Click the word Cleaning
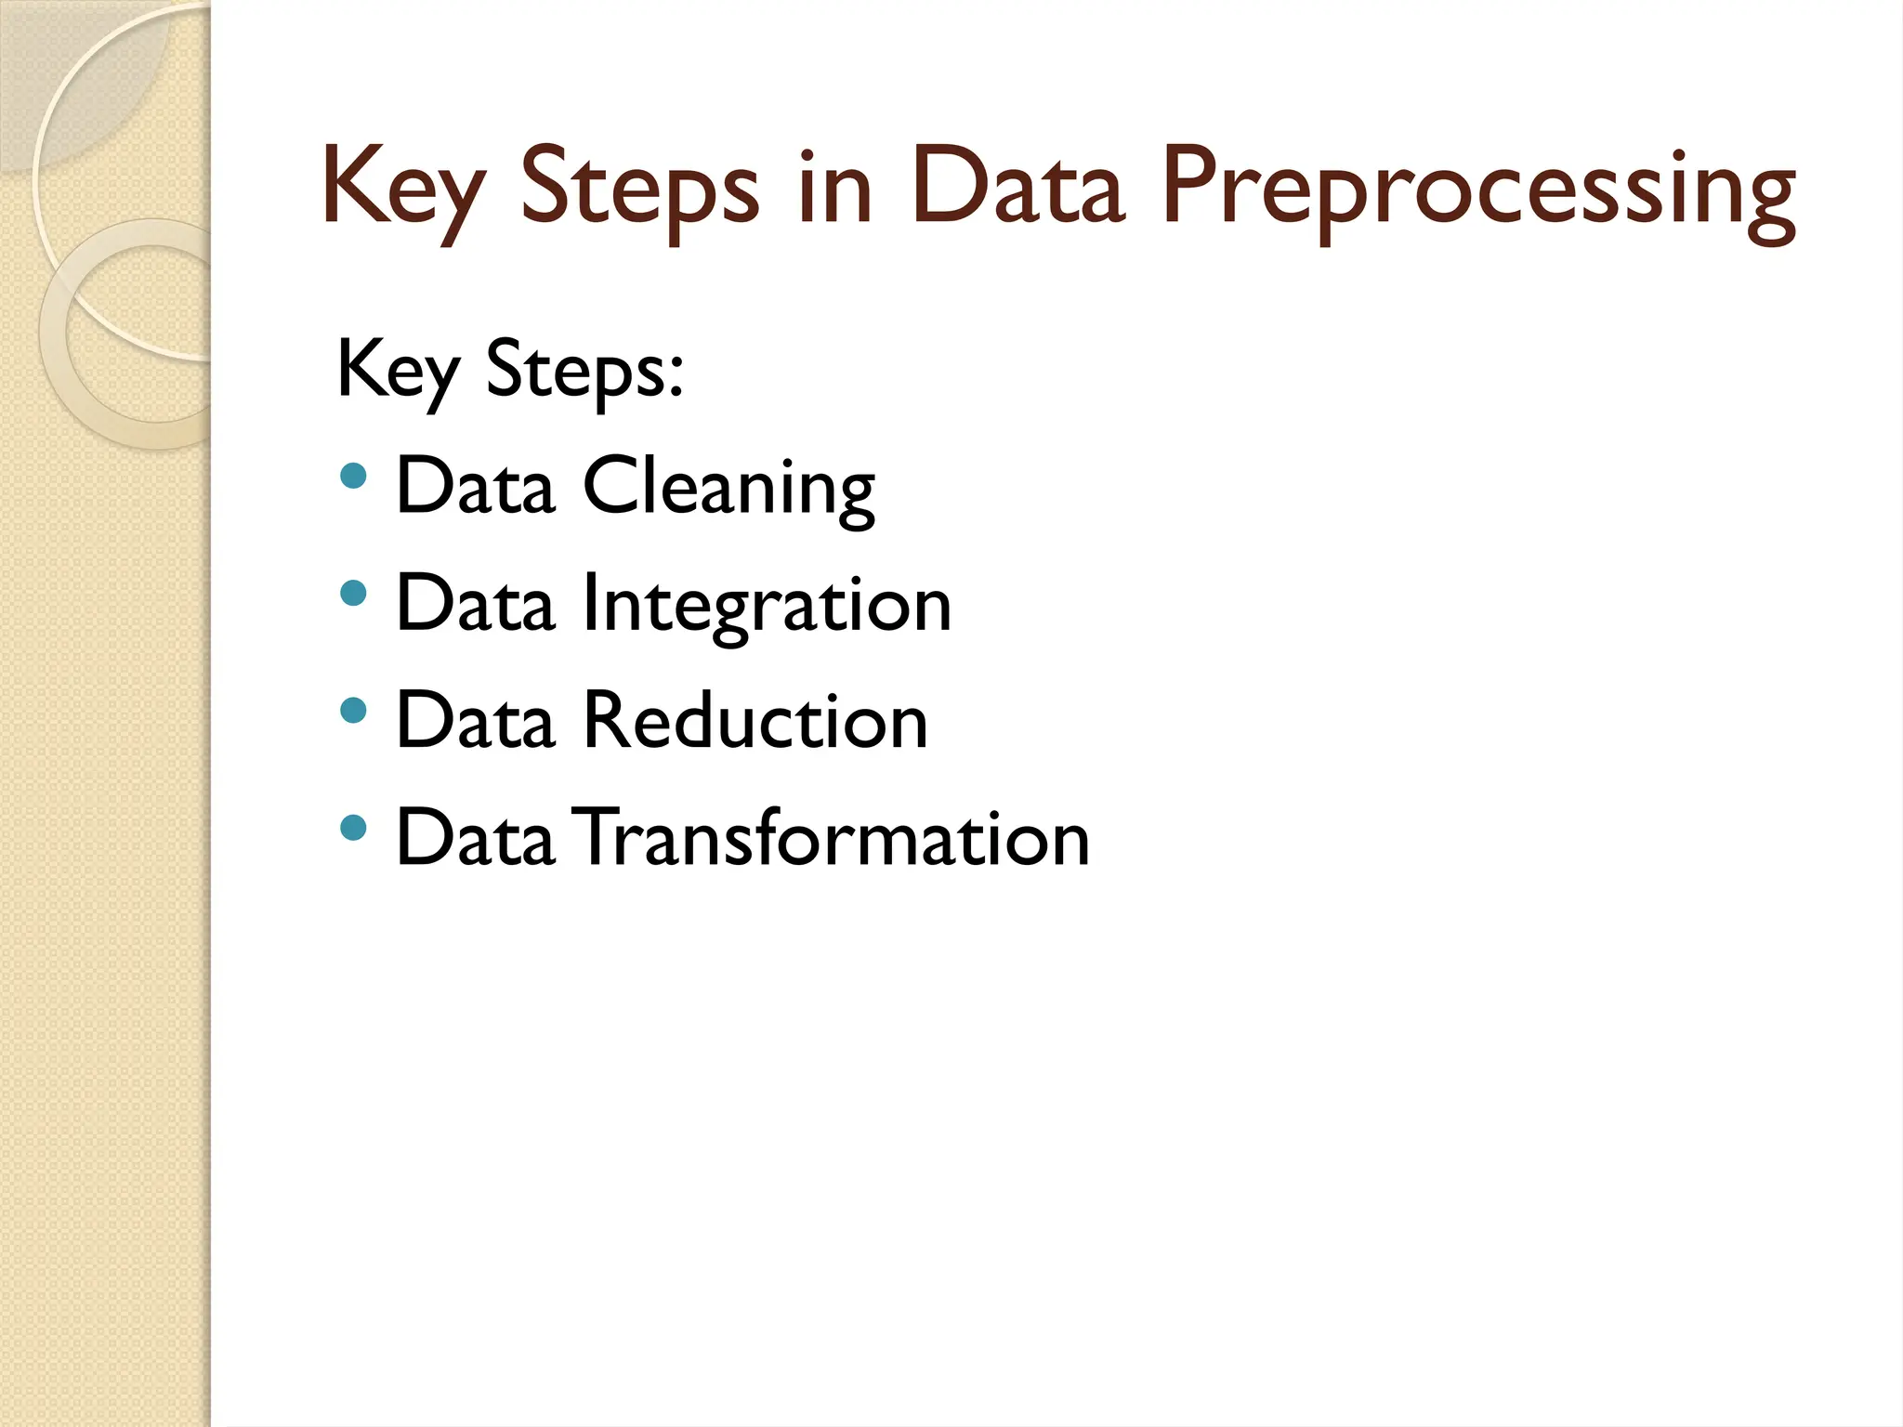(x=728, y=488)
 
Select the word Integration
(x=767, y=606)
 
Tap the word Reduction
(x=755, y=721)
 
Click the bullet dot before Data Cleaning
(x=353, y=477)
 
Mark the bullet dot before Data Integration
(x=353, y=594)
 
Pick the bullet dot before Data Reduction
(x=353, y=711)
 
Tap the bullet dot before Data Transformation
(x=353, y=827)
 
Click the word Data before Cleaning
(x=475, y=486)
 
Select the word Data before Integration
(x=475, y=604)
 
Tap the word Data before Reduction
(x=475, y=721)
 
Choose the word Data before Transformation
(x=475, y=838)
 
